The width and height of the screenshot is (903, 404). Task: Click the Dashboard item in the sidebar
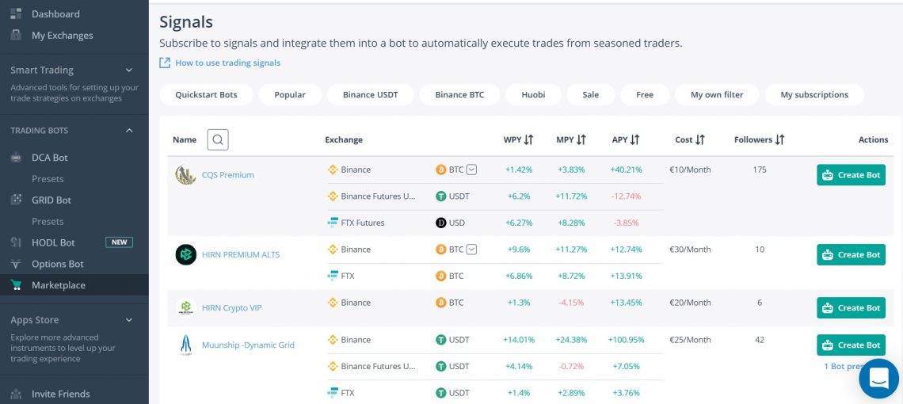(55, 14)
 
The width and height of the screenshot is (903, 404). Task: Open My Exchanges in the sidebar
(62, 36)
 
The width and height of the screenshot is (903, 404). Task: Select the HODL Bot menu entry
(53, 242)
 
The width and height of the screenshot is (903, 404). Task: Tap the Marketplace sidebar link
(58, 285)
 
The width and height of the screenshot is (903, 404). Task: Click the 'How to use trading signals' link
(227, 63)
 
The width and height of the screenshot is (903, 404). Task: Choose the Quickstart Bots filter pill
(206, 95)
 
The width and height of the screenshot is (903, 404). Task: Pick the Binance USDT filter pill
(370, 95)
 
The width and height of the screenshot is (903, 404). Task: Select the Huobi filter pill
(533, 95)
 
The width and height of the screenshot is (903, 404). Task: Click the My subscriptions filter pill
(813, 95)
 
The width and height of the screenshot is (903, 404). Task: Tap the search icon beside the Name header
(218, 140)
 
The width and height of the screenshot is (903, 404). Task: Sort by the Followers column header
(759, 140)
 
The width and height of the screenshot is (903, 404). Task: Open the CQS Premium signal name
(227, 175)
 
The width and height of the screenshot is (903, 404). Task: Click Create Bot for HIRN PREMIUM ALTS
(851, 255)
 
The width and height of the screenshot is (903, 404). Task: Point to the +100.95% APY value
(626, 340)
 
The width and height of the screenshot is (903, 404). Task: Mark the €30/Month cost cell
(691, 250)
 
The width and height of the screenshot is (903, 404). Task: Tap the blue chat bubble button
(878, 379)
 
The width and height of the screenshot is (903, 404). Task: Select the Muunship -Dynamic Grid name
(248, 345)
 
